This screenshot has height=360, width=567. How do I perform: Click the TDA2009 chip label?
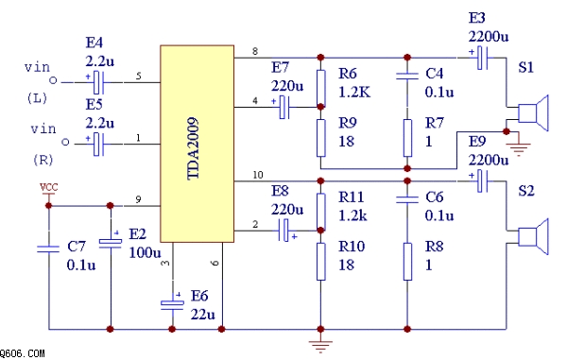[x=193, y=148]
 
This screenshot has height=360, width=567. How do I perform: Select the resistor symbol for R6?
[x=320, y=88]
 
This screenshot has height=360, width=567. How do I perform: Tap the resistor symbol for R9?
[x=320, y=138]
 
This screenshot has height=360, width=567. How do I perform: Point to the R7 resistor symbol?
[x=407, y=138]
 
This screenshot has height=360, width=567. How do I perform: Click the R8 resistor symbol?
[x=407, y=262]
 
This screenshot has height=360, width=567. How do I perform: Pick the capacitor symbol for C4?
[x=407, y=76]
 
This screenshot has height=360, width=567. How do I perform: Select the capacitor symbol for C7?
[x=48, y=249]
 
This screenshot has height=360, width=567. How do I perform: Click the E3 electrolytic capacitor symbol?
[x=482, y=58]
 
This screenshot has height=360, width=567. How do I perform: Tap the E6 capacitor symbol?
[x=172, y=303]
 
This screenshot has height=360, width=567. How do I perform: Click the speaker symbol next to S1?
[x=533, y=112]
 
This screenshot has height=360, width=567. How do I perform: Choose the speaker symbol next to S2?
[x=533, y=236]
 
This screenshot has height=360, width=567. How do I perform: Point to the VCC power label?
[x=48, y=187]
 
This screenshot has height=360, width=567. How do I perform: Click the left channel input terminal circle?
[x=53, y=80]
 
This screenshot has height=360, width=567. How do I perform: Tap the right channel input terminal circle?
[x=65, y=142]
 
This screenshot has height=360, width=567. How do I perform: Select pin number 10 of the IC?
[x=257, y=175]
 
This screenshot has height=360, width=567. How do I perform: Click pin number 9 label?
[x=138, y=199]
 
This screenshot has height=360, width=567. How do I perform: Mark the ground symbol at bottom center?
[x=320, y=345]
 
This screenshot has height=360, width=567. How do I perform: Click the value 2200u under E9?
[x=489, y=160]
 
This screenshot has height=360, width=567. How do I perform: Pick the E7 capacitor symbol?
[x=284, y=107]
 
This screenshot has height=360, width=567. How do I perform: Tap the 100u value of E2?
[x=145, y=252]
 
